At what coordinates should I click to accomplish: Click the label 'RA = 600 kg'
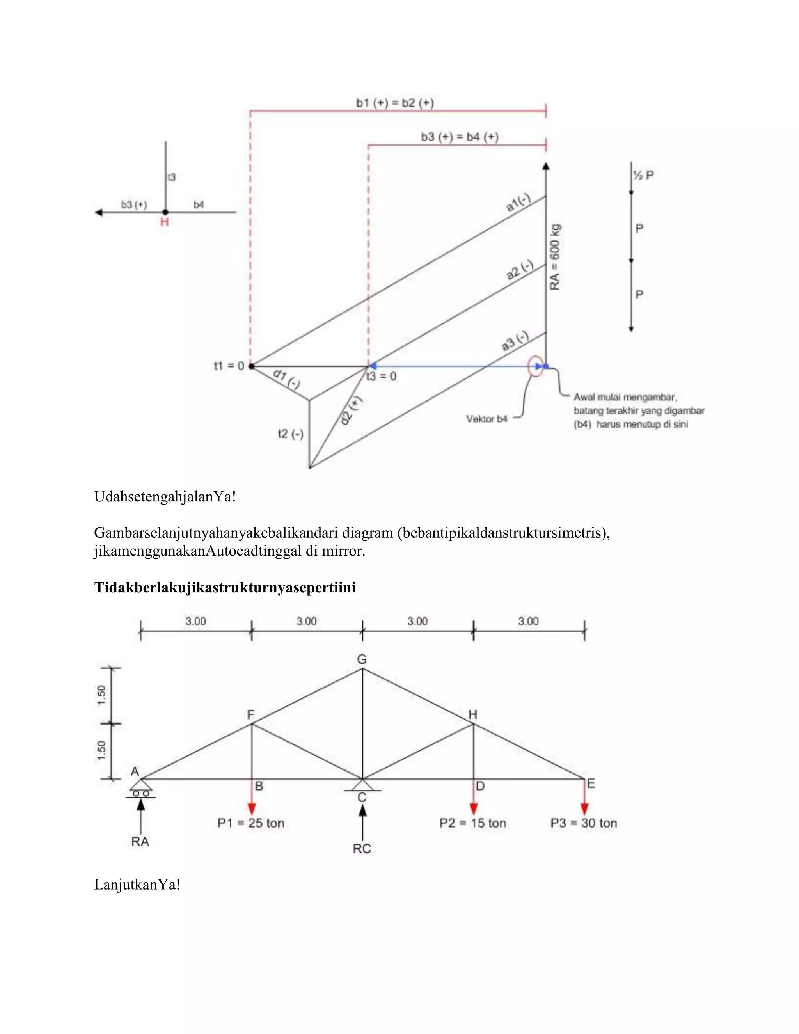click(555, 257)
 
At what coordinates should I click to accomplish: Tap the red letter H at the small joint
click(164, 222)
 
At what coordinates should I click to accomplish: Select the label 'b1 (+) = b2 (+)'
click(395, 103)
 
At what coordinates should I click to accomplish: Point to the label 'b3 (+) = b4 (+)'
click(460, 137)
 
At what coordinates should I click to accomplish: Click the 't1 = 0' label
click(229, 366)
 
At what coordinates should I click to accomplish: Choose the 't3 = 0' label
click(382, 377)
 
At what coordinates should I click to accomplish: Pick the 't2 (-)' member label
click(290, 433)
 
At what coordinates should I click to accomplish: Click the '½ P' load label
click(643, 176)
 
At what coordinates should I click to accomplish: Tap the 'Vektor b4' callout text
click(487, 419)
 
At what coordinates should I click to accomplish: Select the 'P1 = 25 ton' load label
click(251, 823)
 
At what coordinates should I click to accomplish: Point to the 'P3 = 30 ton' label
click(584, 823)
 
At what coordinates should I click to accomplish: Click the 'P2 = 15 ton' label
click(473, 823)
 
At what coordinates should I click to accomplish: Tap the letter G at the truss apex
click(362, 659)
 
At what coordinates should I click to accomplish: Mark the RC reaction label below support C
click(362, 848)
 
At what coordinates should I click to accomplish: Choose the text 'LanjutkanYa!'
click(137, 885)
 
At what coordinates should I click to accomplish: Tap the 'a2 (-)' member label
click(520, 270)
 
